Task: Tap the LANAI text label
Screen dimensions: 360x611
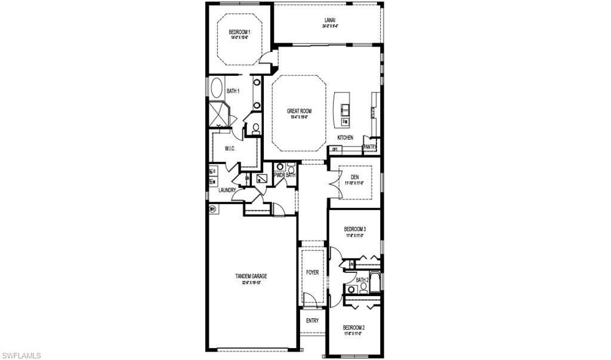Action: coord(329,20)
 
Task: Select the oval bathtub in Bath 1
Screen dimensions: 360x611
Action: coord(215,88)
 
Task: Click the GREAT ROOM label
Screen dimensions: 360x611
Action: coord(299,111)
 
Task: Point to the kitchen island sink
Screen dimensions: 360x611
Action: coord(345,109)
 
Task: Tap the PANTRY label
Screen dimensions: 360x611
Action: coord(370,147)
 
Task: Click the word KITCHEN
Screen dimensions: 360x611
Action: coord(345,137)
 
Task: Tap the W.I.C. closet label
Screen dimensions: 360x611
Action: coord(231,148)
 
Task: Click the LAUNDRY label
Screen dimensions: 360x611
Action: coord(227,190)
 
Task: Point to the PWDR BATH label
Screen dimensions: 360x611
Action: coord(285,175)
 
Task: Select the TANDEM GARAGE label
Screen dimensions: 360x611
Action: coord(251,276)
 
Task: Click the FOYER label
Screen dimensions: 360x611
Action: coord(312,272)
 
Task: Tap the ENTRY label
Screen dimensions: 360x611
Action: coord(312,321)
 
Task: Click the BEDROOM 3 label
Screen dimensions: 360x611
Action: coord(354,229)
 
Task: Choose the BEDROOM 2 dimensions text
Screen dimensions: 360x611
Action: coord(354,334)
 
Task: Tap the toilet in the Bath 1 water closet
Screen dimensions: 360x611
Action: coord(255,127)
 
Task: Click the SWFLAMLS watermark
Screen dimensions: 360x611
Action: coord(21,355)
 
